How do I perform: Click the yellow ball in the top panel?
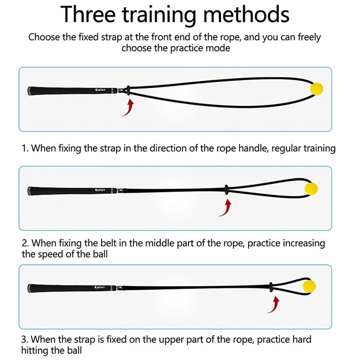(x=316, y=89)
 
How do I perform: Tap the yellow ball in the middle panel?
(x=311, y=189)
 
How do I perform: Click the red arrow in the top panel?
(x=127, y=107)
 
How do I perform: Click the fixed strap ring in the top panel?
(x=127, y=90)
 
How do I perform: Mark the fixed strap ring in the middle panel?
(x=226, y=189)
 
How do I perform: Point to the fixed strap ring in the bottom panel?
(x=271, y=286)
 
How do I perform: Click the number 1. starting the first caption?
(x=25, y=148)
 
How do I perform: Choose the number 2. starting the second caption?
(x=25, y=243)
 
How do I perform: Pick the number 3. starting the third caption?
(x=25, y=339)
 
